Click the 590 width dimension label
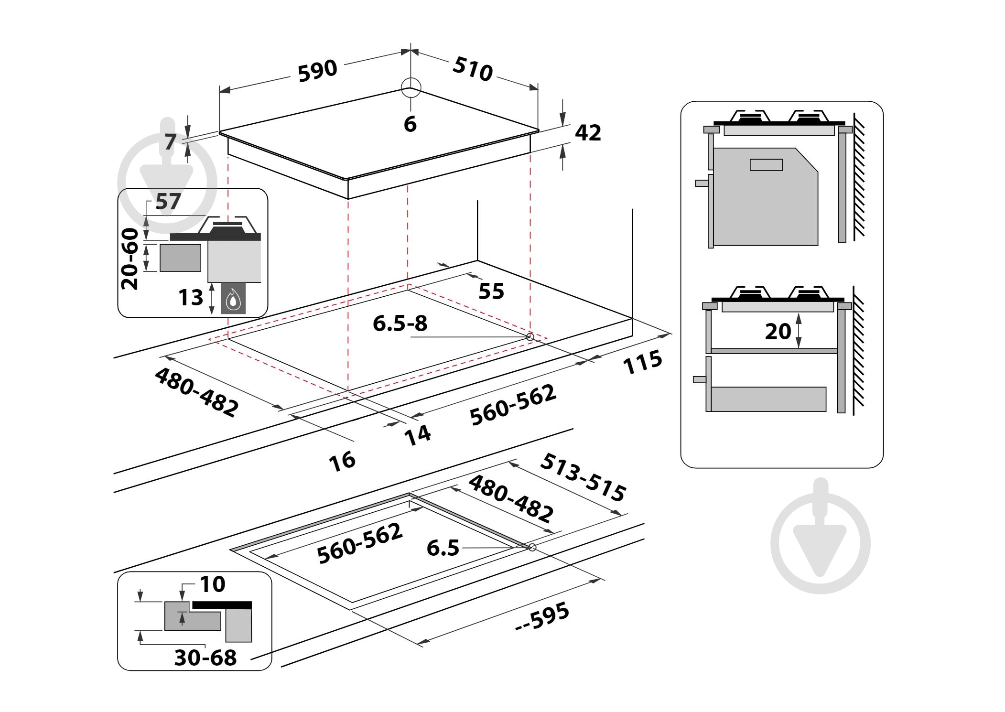(317, 71)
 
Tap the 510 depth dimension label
(472, 69)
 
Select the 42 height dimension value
(587, 132)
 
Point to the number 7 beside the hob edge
(171, 142)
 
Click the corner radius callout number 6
(410, 124)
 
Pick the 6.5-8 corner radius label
(400, 324)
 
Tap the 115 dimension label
(643, 361)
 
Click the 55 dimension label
(491, 291)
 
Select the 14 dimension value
(418, 435)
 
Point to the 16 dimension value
(342, 461)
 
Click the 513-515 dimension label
(583, 477)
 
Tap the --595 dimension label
(542, 616)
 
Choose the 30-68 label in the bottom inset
(205, 658)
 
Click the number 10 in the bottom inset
(212, 584)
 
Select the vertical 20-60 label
(130, 259)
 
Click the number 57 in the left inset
(168, 202)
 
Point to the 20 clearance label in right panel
(778, 332)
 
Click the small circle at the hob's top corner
(411, 88)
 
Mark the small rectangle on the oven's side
(766, 165)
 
